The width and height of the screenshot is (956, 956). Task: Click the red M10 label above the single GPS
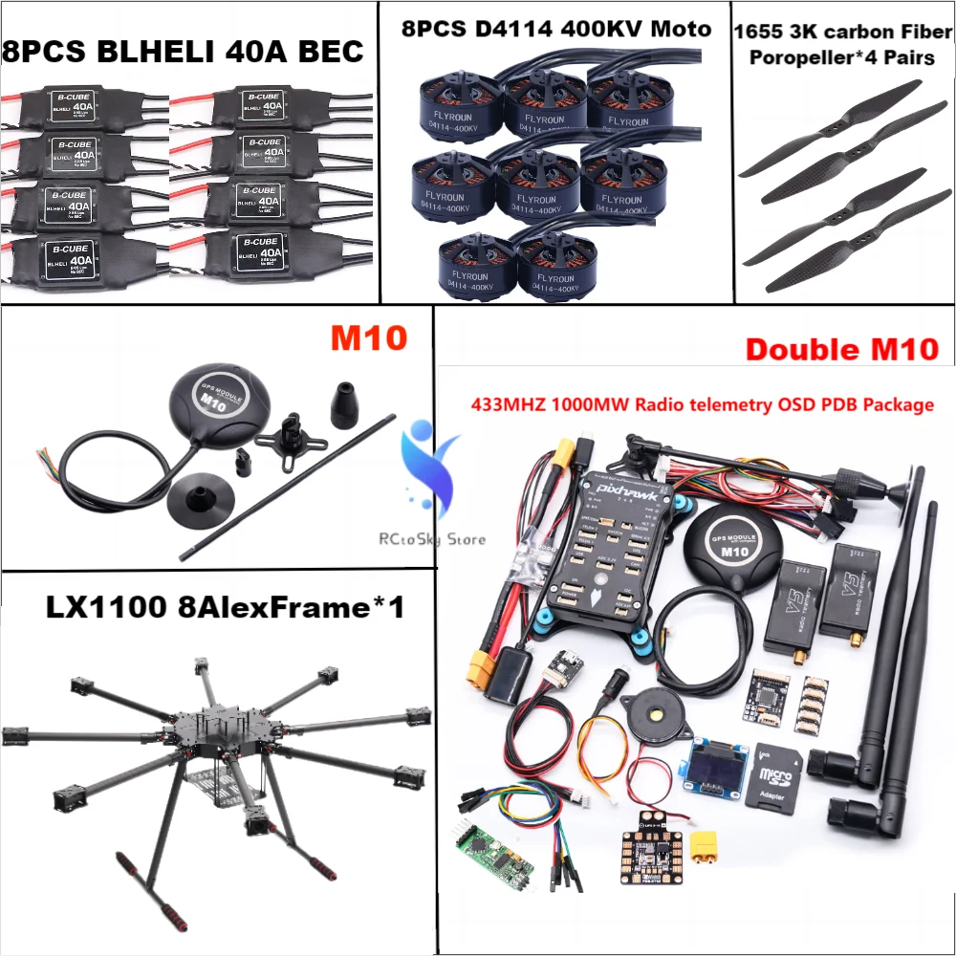pyautogui.click(x=368, y=337)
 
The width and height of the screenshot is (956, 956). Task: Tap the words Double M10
pyautogui.click(x=840, y=349)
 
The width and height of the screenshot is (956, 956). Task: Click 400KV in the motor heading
pyautogui.click(x=593, y=29)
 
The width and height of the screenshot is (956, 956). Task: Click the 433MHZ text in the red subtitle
pyautogui.click(x=498, y=404)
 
